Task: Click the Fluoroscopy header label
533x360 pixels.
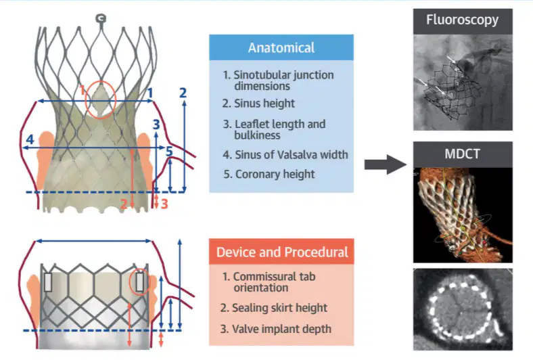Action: (462, 20)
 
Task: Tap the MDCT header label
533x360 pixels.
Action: (462, 154)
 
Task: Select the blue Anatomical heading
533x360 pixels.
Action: (281, 47)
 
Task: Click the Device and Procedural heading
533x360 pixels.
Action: (282, 252)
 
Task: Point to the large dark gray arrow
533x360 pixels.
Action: (386, 164)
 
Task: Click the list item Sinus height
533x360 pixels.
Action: (258, 104)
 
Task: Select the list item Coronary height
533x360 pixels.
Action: (269, 174)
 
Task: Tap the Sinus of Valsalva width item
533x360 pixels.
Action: (285, 155)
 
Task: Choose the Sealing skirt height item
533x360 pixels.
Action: (273, 308)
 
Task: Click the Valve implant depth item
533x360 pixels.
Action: (275, 329)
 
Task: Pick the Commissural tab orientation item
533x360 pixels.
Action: (269, 282)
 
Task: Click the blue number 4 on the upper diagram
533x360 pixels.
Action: (30, 139)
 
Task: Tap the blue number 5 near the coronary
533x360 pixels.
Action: (169, 152)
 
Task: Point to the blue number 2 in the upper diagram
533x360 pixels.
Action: (183, 93)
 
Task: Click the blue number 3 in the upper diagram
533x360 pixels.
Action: (156, 125)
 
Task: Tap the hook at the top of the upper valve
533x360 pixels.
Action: (101, 19)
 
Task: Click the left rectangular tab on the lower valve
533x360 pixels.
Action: (47, 282)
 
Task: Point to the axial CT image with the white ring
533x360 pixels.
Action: (463, 309)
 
